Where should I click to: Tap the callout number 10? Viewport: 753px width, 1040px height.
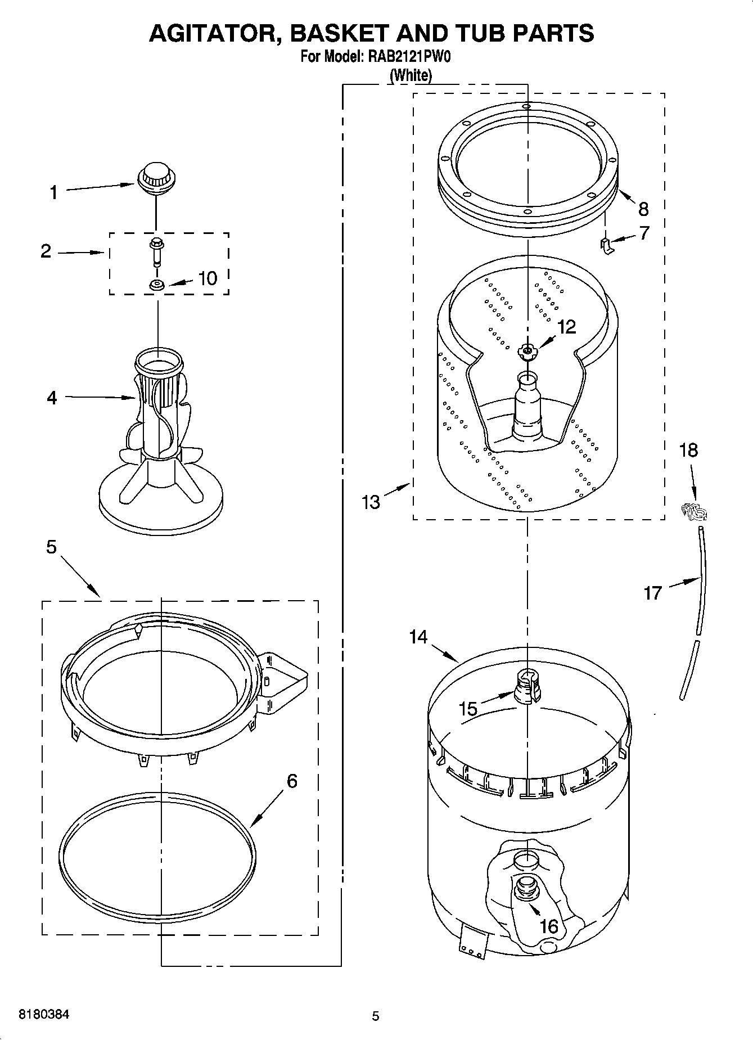point(208,278)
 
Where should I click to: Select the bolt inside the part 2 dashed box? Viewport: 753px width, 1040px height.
point(155,251)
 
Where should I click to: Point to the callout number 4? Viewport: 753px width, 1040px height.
point(52,398)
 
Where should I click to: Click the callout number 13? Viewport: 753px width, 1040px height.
point(371,502)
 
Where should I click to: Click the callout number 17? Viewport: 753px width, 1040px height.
point(652,593)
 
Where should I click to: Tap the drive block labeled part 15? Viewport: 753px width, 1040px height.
point(527,686)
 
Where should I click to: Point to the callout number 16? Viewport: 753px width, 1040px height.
point(548,926)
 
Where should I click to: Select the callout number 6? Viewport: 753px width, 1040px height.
point(291,781)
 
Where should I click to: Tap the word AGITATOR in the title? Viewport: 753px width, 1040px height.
point(210,33)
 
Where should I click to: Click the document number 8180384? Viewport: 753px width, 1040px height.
point(44,1014)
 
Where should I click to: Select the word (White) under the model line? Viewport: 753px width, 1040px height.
point(411,75)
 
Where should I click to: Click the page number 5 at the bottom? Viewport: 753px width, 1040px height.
point(376,1016)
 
